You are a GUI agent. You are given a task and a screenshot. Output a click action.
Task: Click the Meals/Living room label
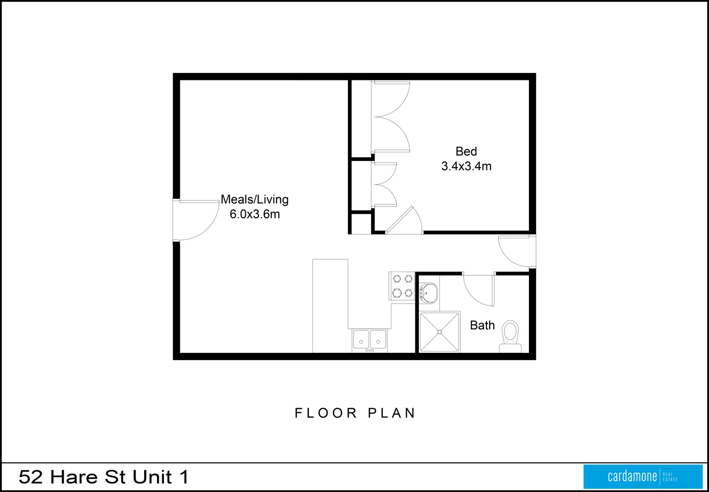point(254,200)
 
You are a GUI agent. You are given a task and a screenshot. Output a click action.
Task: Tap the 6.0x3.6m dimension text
point(254,214)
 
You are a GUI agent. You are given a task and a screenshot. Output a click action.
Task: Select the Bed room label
point(466,151)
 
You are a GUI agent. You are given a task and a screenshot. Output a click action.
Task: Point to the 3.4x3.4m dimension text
point(466,166)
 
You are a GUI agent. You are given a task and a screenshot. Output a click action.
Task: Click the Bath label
point(482,325)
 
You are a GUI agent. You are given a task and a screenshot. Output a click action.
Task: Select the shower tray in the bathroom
point(440,332)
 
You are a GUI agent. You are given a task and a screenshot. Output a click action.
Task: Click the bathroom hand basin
point(428,293)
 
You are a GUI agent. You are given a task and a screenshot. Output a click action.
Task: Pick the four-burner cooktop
point(402,286)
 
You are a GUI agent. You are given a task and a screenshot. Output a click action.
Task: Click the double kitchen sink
point(369,339)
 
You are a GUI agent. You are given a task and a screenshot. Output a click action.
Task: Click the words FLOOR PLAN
point(355,413)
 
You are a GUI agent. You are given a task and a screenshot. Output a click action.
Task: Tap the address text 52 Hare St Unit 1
point(104,477)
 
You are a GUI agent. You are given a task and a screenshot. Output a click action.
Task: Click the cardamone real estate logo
point(642,476)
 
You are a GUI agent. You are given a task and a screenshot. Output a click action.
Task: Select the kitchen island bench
point(330,305)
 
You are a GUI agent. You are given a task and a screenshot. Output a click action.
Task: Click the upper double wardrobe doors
point(390,117)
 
